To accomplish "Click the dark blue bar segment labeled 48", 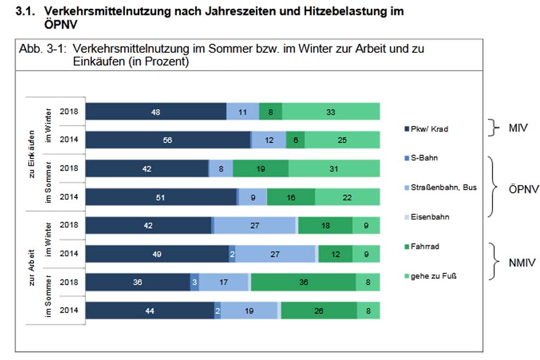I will pyautogui.click(x=156, y=112).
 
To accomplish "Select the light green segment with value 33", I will pyautogui.click(x=331, y=112).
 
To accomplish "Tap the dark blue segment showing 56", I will pyautogui.click(x=168, y=140).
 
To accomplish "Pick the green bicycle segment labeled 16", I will pyautogui.click(x=291, y=197).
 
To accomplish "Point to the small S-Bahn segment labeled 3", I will pyautogui.click(x=194, y=282).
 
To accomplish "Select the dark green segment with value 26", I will pyautogui.click(x=319, y=310).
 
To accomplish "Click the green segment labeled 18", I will pyautogui.click(x=325, y=226).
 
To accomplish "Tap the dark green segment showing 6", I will pyautogui.click(x=295, y=140).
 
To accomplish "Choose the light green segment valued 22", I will pyautogui.click(x=347, y=197).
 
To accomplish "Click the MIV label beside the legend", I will pyautogui.click(x=518, y=128).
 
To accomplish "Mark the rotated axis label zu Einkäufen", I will pyautogui.click(x=33, y=154).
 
